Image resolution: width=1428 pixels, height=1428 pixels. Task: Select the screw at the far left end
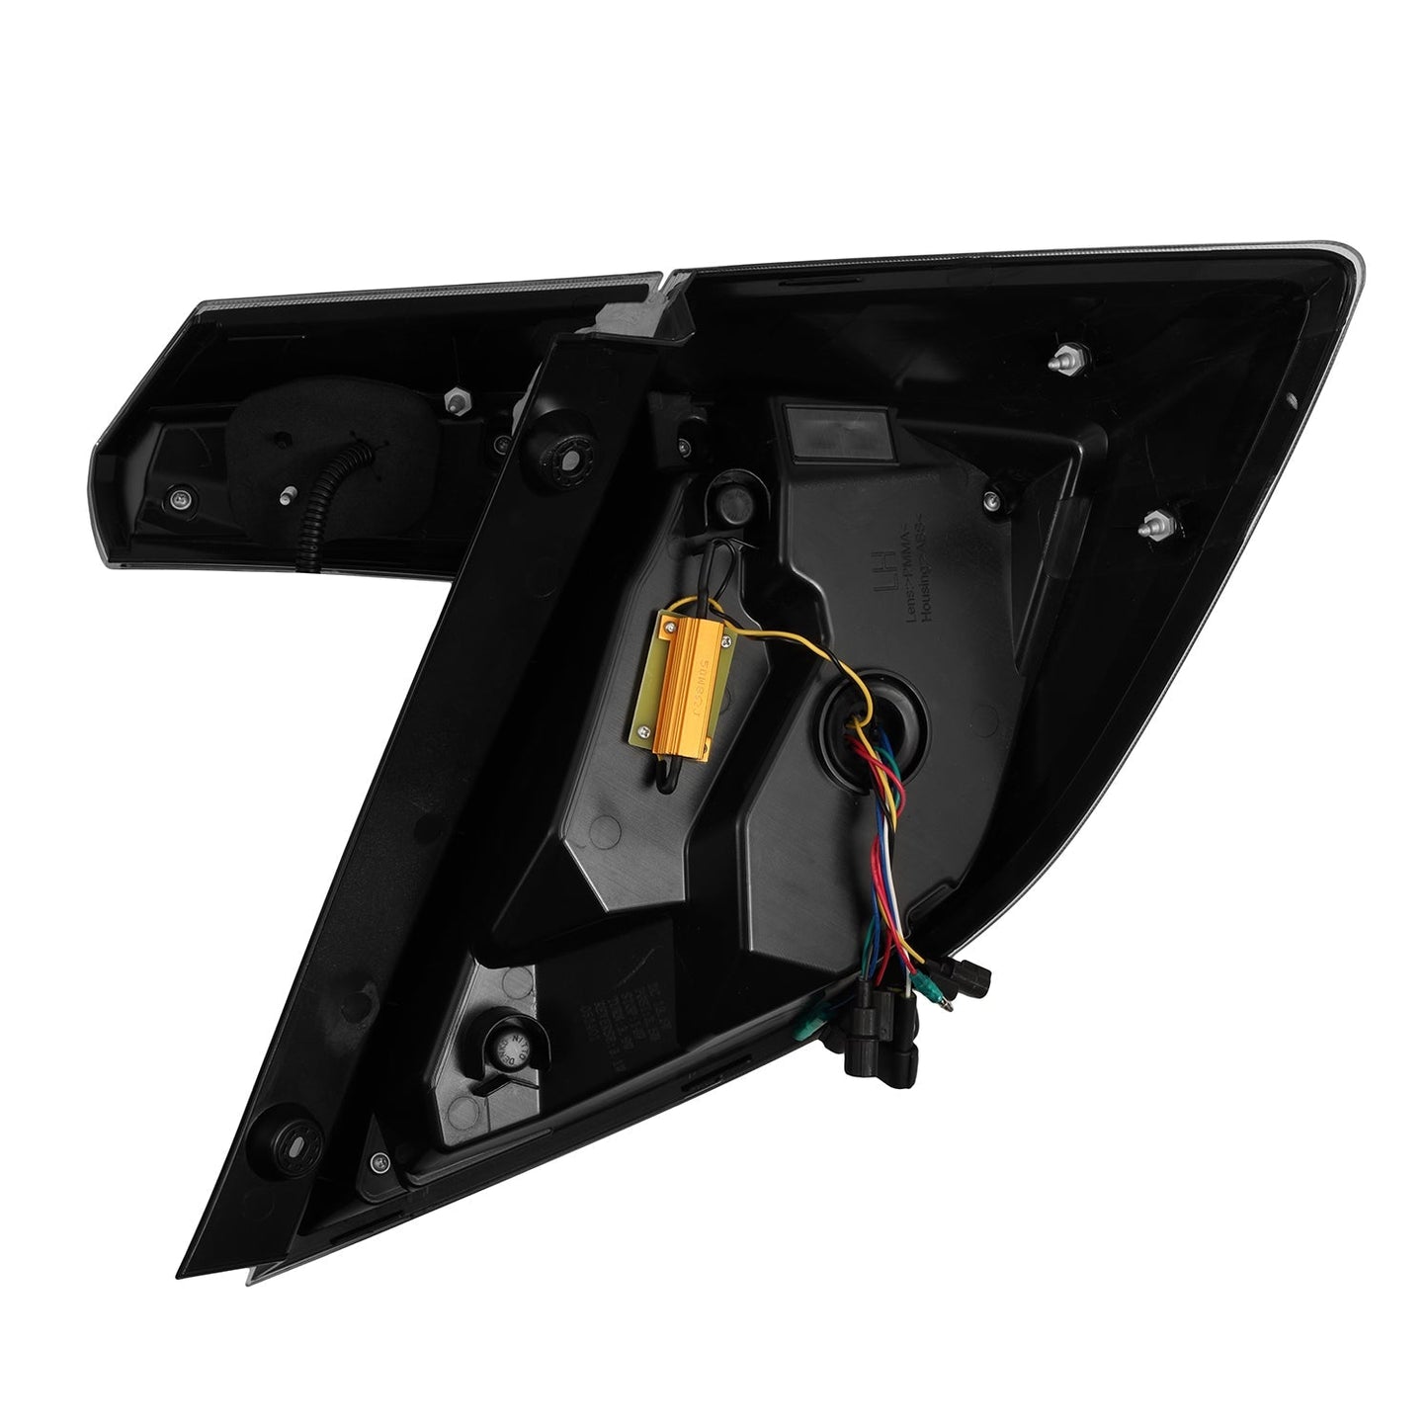178,500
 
